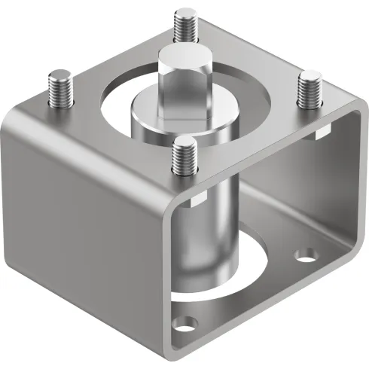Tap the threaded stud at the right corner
click(309, 90)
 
